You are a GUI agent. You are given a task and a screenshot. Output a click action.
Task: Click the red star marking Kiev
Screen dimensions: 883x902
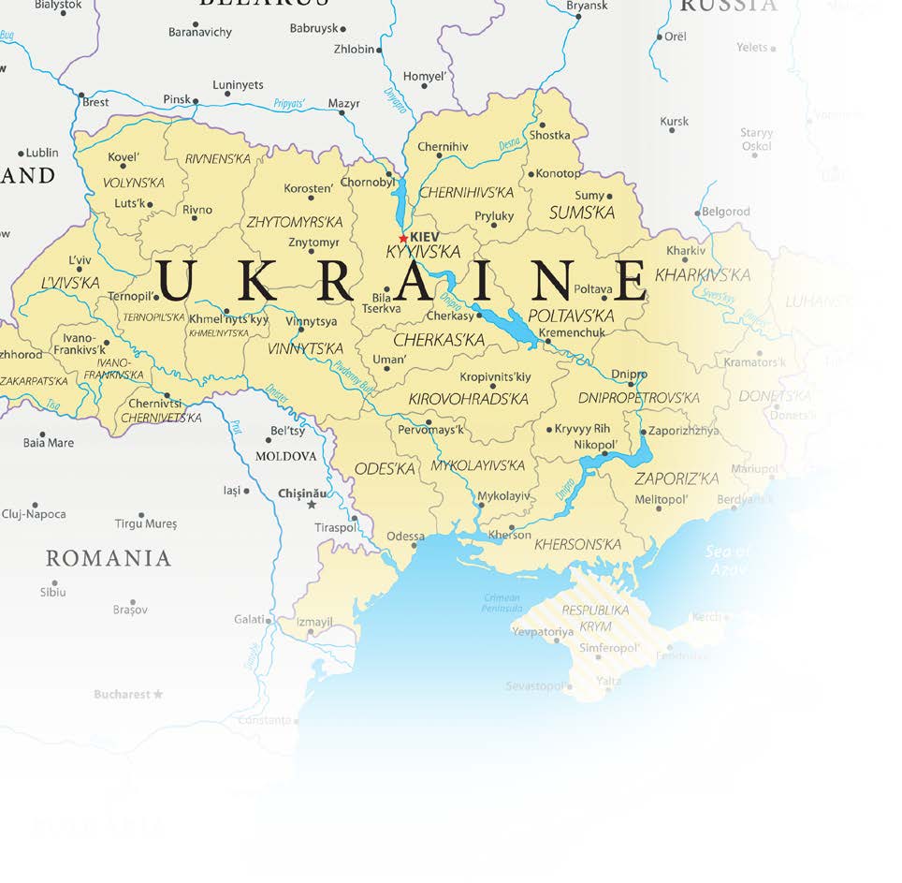pyautogui.click(x=403, y=238)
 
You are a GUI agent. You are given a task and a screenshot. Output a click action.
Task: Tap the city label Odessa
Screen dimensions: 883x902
pyautogui.click(x=405, y=537)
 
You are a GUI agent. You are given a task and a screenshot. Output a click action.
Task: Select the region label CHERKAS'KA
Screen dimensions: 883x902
pyautogui.click(x=439, y=340)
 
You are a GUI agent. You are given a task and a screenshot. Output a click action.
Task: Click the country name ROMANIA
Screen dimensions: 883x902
pyautogui.click(x=109, y=559)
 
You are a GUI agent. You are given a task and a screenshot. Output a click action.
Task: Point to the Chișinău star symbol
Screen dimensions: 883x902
pyautogui.click(x=312, y=505)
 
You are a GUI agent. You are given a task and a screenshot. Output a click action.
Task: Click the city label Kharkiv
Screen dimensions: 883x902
pyautogui.click(x=686, y=251)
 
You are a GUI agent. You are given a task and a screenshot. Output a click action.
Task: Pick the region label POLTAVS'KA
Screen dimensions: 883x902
pyautogui.click(x=571, y=316)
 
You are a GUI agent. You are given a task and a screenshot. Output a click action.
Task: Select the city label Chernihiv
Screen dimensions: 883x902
pyautogui.click(x=443, y=147)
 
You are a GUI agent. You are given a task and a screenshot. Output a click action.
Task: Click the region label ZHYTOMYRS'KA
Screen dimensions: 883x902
pyautogui.click(x=295, y=223)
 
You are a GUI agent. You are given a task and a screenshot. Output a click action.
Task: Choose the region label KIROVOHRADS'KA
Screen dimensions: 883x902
pyautogui.click(x=468, y=399)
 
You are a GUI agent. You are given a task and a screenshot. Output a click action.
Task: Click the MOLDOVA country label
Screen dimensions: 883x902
pyautogui.click(x=286, y=456)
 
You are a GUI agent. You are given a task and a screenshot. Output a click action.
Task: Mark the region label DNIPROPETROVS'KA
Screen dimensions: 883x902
pyautogui.click(x=638, y=398)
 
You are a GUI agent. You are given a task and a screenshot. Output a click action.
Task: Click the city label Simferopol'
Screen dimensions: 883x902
pyautogui.click(x=608, y=648)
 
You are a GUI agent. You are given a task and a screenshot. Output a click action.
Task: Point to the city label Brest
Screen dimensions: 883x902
pyautogui.click(x=95, y=102)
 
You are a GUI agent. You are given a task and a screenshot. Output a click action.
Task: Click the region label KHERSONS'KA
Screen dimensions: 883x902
pyautogui.click(x=579, y=544)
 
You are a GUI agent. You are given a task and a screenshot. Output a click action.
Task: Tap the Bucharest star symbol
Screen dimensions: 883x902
pyautogui.click(x=157, y=694)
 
